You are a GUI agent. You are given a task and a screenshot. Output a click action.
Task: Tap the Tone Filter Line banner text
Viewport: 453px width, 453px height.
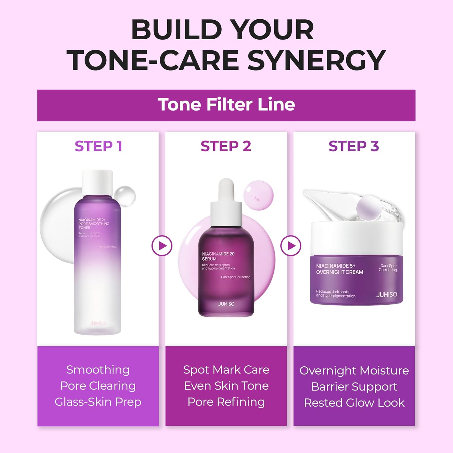coord(226,105)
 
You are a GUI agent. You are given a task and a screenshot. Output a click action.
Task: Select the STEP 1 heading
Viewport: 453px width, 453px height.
coord(98,146)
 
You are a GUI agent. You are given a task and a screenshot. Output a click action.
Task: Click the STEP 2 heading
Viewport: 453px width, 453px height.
coord(226,146)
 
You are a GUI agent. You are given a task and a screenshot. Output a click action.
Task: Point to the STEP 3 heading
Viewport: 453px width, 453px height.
coord(354,146)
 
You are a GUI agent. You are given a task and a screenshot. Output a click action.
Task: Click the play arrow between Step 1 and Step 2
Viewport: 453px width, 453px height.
coord(162,246)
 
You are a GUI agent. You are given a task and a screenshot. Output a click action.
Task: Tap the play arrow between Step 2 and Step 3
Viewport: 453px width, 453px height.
coord(291,246)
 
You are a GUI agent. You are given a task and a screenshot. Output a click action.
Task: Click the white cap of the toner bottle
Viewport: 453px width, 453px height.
coord(97,182)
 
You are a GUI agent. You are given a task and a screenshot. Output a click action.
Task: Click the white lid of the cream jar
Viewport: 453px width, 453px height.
coord(356,239)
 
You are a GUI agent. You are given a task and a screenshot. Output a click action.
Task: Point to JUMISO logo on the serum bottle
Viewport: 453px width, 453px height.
coord(226,304)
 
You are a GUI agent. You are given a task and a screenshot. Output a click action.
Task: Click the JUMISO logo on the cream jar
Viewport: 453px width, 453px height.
coord(387,294)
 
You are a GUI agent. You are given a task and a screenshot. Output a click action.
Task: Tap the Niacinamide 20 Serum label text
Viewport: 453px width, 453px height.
coord(218,256)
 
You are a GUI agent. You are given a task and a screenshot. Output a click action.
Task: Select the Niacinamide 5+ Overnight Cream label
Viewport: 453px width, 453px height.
coord(339,269)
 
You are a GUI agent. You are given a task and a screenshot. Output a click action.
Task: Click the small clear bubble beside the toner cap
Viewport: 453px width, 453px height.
coord(125,196)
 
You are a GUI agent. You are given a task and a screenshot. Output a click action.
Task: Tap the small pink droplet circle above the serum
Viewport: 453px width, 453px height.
coord(259,195)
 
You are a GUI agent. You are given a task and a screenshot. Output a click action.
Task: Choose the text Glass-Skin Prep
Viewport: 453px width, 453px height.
coord(98,402)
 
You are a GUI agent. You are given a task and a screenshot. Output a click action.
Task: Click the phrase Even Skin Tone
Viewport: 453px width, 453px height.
coord(226,386)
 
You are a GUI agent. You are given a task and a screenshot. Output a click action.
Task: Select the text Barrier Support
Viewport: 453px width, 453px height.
coord(354,387)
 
